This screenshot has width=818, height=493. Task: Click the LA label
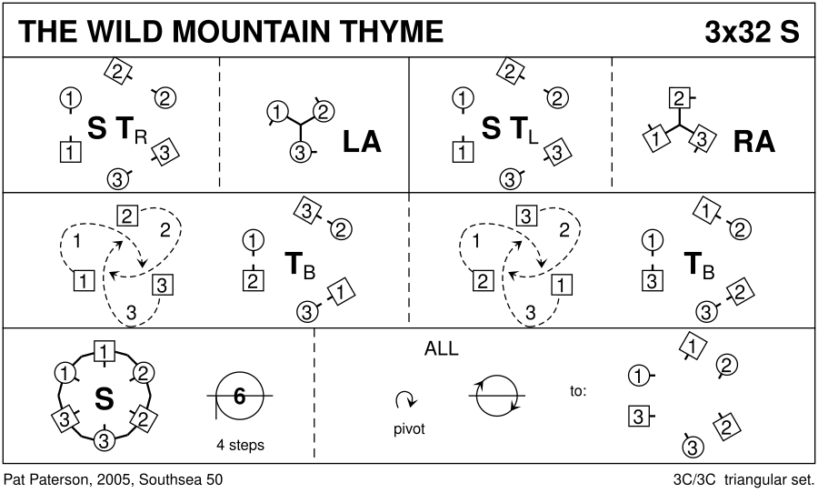[x=361, y=142]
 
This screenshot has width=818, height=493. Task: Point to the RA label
[x=753, y=142]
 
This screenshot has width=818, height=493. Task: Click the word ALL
[x=441, y=348]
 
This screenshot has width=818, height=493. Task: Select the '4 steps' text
[x=240, y=446]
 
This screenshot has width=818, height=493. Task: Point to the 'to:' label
[x=579, y=391]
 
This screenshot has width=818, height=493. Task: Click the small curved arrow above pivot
[x=405, y=399]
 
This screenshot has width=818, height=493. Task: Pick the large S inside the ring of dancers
[x=105, y=397]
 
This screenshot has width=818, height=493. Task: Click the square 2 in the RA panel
[x=676, y=97]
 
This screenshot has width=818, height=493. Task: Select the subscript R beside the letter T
[x=139, y=138]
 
